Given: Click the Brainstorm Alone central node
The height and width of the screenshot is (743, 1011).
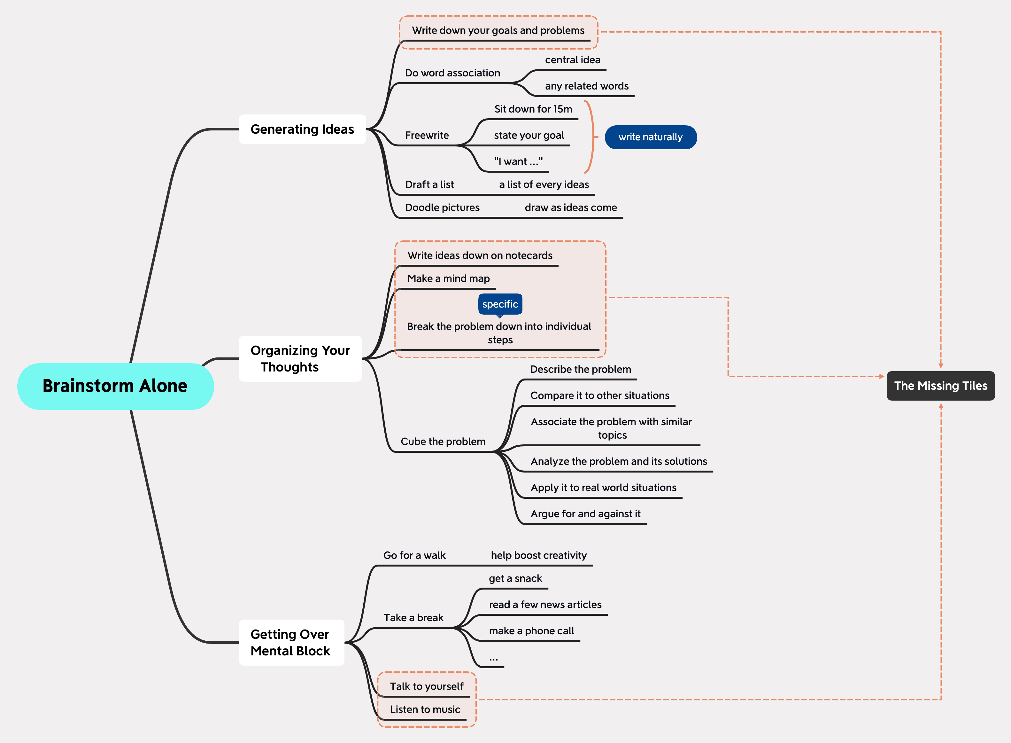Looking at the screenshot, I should click(x=115, y=386).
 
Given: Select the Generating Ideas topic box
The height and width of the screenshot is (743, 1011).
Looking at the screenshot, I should click(x=302, y=129).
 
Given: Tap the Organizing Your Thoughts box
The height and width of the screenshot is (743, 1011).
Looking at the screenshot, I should click(x=300, y=358).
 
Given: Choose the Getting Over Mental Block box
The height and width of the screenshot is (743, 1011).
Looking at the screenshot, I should click(x=291, y=642).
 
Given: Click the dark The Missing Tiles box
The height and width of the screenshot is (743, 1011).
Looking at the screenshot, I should click(x=940, y=386).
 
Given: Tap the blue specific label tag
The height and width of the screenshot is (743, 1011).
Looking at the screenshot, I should click(x=500, y=304).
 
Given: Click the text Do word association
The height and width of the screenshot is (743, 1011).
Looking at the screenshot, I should click(x=452, y=73).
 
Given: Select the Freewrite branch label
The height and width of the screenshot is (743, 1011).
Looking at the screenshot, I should click(x=427, y=135).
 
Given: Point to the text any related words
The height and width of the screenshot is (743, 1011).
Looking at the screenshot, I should click(x=587, y=86).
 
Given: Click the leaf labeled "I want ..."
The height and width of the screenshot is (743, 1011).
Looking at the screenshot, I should click(x=518, y=161).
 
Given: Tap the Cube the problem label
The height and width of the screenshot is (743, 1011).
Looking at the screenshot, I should click(x=443, y=441).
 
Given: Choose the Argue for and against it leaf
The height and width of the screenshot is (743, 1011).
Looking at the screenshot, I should click(x=585, y=514).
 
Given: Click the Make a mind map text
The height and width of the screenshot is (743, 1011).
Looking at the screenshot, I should click(x=448, y=278).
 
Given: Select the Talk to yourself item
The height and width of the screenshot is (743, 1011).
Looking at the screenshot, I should click(x=426, y=686).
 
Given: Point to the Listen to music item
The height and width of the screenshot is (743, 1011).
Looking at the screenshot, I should click(x=425, y=709).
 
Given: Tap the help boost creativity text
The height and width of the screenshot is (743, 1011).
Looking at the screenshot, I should click(x=538, y=555).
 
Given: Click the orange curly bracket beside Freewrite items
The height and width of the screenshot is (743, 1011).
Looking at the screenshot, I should click(x=591, y=137).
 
